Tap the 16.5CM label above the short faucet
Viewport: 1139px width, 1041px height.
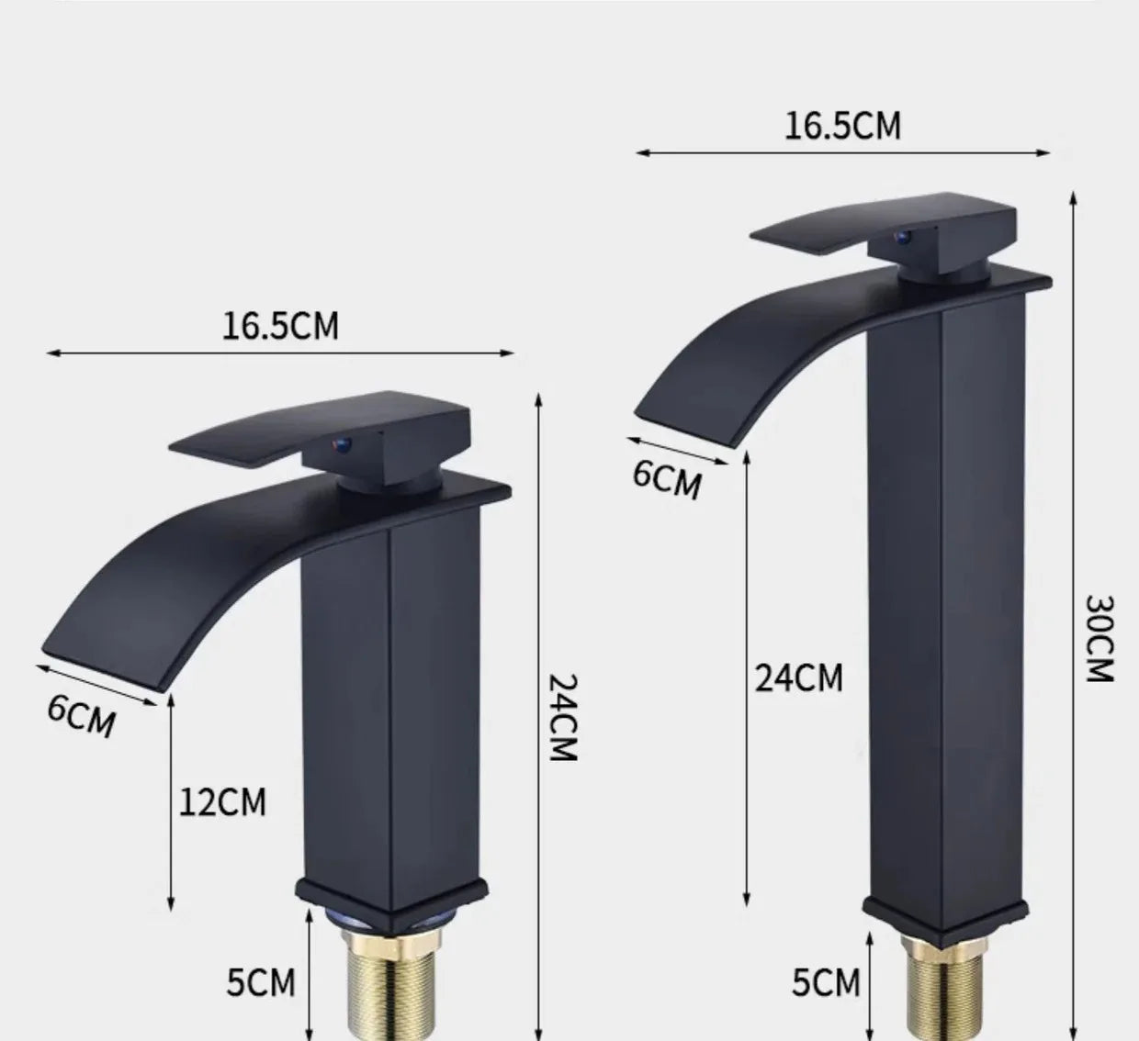point(280,325)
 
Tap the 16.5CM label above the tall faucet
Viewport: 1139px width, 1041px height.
point(842,126)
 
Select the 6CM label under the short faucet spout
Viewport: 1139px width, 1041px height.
point(82,715)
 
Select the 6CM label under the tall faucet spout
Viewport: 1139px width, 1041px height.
point(667,478)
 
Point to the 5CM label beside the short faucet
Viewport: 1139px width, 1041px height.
point(261,982)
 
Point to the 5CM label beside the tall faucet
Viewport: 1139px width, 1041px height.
point(826,982)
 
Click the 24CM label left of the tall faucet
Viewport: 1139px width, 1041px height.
point(798,677)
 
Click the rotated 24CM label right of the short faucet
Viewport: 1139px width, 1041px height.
point(561,718)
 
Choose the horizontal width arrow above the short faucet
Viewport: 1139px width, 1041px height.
point(280,353)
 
